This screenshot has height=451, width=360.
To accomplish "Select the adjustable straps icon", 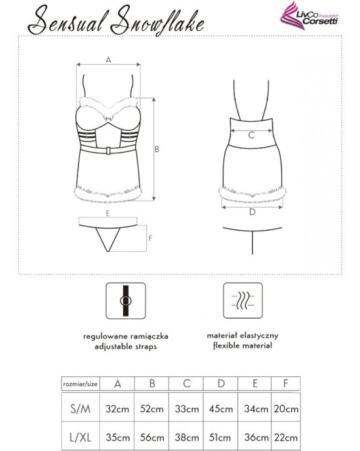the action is coord(126,300).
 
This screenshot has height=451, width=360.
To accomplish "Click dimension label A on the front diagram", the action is coord(109,59).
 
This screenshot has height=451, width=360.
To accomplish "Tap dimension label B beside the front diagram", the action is coord(157,149).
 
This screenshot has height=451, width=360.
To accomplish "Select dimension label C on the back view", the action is coord(251,136).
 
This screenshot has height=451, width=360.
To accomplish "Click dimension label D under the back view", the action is coord(252,212).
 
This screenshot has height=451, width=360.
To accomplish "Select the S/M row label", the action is coord(80,408).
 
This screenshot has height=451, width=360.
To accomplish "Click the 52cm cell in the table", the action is coord(151,408).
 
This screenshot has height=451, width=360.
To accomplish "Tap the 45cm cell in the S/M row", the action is coord(220,408).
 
